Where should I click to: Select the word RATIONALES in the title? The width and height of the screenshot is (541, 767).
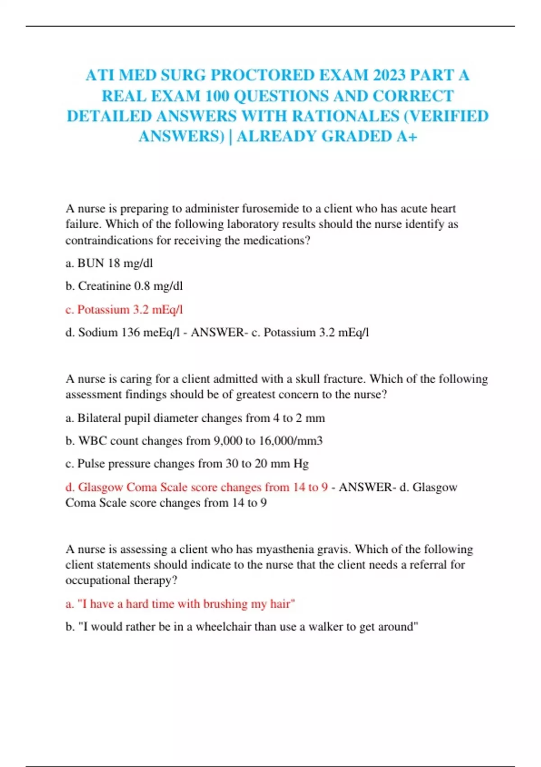[345, 116]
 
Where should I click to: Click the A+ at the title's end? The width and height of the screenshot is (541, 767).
[407, 136]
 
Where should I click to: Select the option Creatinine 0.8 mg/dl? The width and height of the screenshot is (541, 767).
[124, 286]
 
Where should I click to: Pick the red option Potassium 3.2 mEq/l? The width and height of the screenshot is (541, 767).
[124, 310]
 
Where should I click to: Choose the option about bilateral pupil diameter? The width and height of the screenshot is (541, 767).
[195, 418]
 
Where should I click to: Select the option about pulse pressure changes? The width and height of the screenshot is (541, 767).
[187, 464]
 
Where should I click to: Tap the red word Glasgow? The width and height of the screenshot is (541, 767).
[101, 487]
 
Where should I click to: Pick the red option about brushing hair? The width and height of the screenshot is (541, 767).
[180, 604]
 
